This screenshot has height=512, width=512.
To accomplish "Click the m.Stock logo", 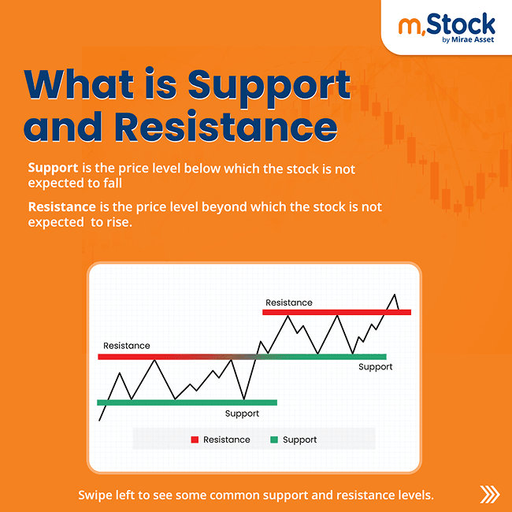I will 446,26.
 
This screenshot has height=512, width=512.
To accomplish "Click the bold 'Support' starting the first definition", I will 52,168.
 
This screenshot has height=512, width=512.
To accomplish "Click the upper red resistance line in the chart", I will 336,313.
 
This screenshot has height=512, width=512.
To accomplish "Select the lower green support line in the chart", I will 187,403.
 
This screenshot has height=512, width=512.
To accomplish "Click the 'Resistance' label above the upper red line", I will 288,302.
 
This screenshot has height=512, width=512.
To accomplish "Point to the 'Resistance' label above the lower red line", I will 126,346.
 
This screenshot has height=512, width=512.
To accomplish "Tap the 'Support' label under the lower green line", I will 242,414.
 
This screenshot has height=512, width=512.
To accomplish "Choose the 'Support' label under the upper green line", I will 375,367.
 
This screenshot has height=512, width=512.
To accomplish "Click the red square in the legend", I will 195,440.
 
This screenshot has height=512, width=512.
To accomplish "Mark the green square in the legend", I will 274,440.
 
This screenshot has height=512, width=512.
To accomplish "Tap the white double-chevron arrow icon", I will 489,495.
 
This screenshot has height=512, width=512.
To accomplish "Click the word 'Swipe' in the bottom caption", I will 96,495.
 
